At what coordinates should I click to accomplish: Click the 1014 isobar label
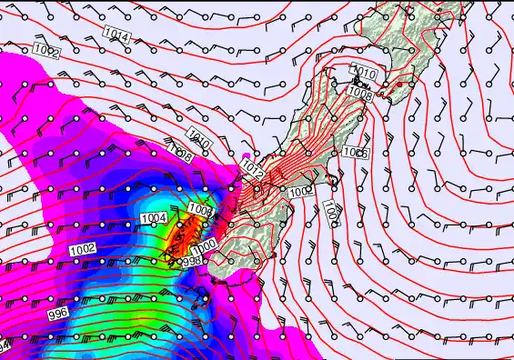(116, 35)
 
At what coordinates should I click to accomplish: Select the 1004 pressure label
(155, 218)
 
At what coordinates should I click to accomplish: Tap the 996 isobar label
(57, 313)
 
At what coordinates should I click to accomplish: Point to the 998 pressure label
(190, 262)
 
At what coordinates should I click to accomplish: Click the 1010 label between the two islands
(364, 72)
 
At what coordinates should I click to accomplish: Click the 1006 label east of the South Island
(356, 153)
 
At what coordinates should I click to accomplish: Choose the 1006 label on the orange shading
(199, 210)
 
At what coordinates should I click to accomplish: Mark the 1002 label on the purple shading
(83, 249)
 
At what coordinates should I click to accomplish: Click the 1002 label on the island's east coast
(300, 192)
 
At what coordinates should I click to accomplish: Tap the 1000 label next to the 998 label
(205, 245)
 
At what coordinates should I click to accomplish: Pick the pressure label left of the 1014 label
(46, 53)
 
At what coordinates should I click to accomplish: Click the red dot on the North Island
(399, 85)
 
